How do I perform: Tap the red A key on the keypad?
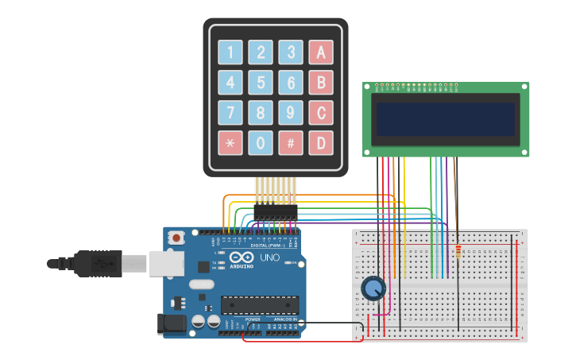321,52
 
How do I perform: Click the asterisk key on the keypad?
230,143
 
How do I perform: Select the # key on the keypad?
291,143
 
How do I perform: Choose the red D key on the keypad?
321,143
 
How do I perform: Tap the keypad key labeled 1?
230,52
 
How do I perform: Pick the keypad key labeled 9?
291,113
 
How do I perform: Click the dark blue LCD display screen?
446,119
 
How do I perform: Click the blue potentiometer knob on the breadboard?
373,288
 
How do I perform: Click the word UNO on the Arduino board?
269,257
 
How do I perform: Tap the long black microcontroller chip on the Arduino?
260,304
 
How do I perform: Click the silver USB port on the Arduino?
166,263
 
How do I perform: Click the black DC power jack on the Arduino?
171,323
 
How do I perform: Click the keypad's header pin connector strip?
275,212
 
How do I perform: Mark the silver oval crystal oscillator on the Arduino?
202,284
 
